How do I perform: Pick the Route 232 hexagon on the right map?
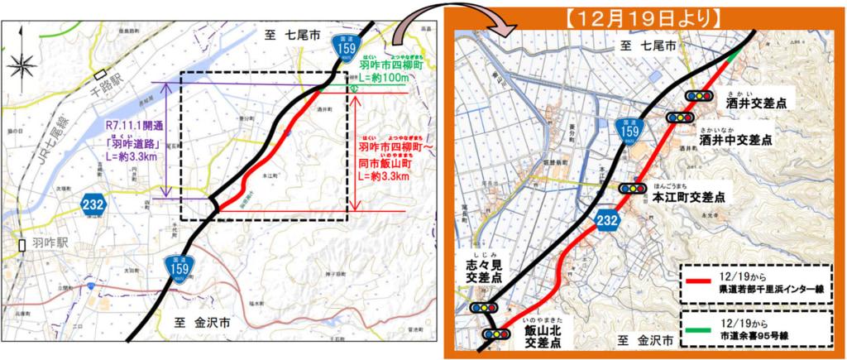605,218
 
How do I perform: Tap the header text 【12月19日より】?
645,16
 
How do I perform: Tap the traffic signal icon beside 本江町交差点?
634,189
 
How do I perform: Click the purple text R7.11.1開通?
135,126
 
